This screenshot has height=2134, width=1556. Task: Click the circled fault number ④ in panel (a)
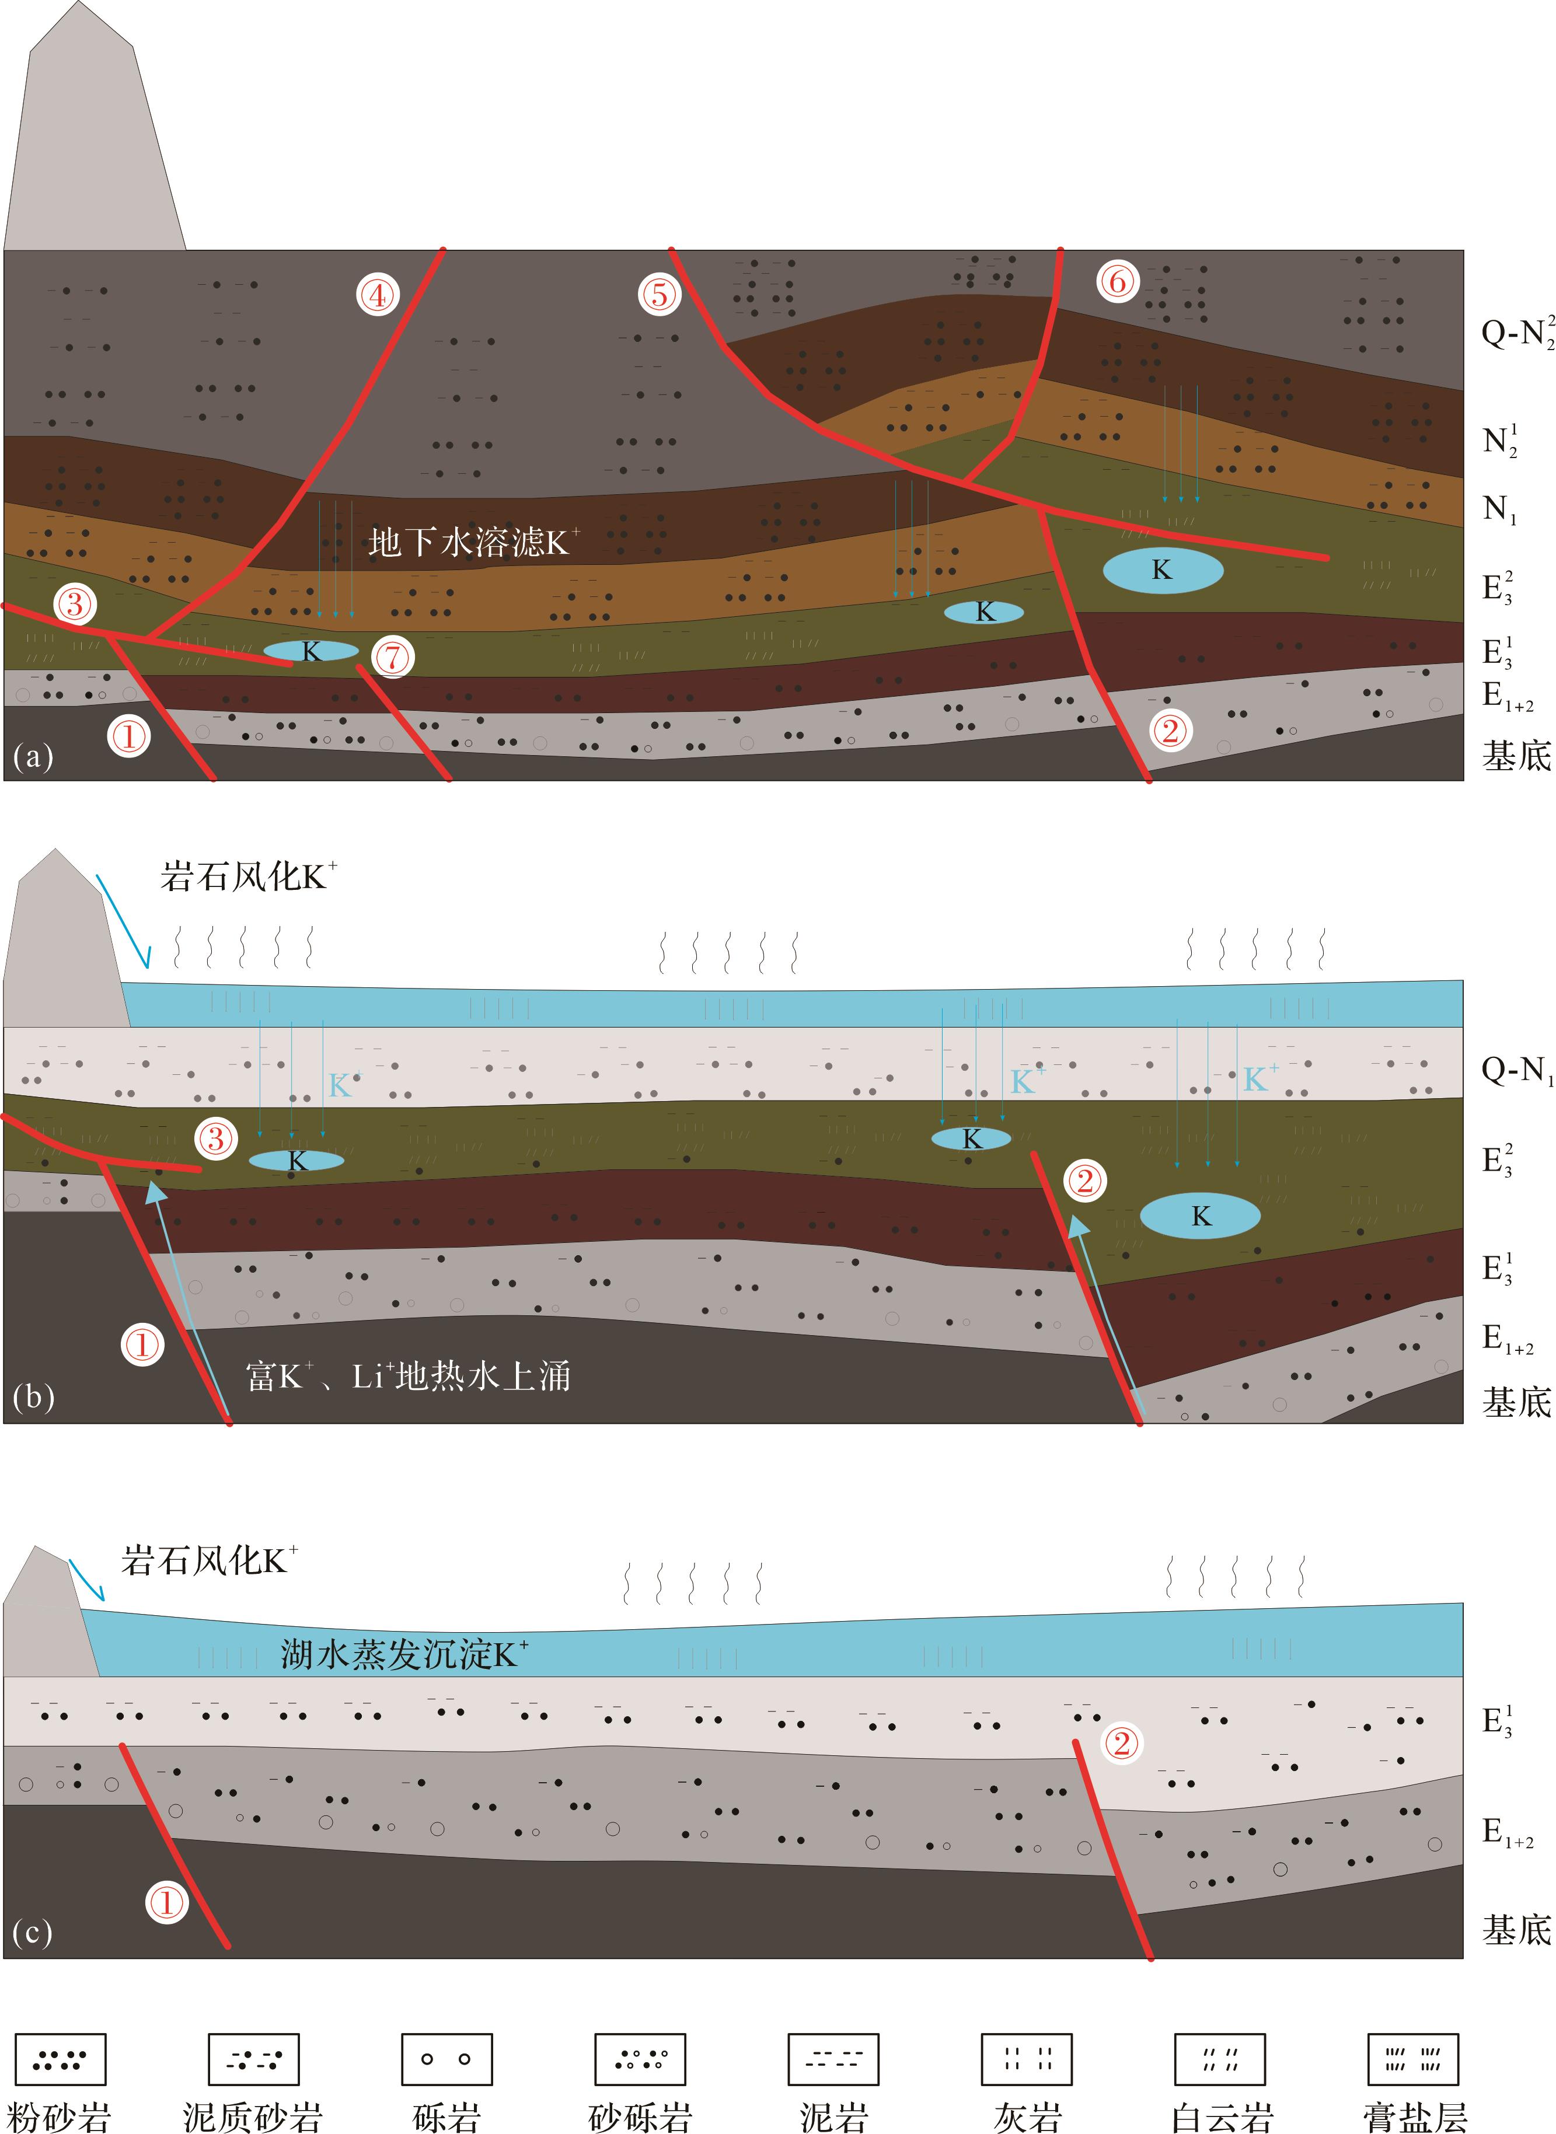coord(377,295)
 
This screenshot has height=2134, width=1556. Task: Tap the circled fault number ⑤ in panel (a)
coord(660,294)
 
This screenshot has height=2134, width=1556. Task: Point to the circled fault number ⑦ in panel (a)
coord(393,656)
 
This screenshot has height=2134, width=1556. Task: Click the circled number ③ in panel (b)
coord(216,1138)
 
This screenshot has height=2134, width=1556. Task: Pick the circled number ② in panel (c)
coord(1121,1743)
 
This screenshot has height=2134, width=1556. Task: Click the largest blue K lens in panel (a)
coord(1163,570)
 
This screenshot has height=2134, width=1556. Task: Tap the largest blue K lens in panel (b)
coord(1200,1216)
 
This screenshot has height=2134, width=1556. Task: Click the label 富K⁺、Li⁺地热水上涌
coord(408,1376)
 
